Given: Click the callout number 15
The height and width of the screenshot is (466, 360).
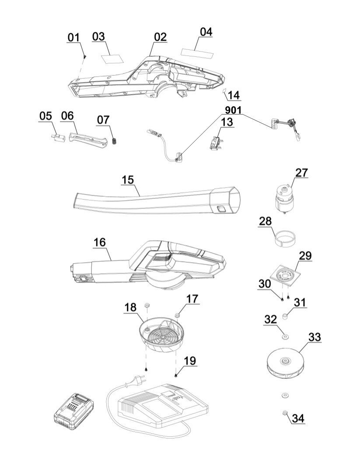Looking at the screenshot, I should coord(128,180).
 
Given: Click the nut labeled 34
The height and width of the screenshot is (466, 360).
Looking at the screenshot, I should coord(284,412).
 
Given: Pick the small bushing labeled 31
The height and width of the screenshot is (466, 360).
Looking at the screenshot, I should coord(285,316).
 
